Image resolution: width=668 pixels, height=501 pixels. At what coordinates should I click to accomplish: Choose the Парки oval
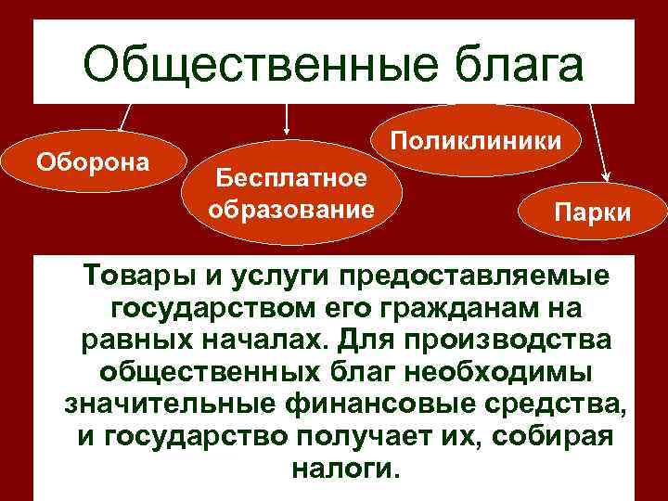click(x=592, y=212)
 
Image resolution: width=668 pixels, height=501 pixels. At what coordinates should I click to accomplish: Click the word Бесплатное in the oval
click(x=289, y=176)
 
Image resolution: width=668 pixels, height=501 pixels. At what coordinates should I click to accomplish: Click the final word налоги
click(x=344, y=469)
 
